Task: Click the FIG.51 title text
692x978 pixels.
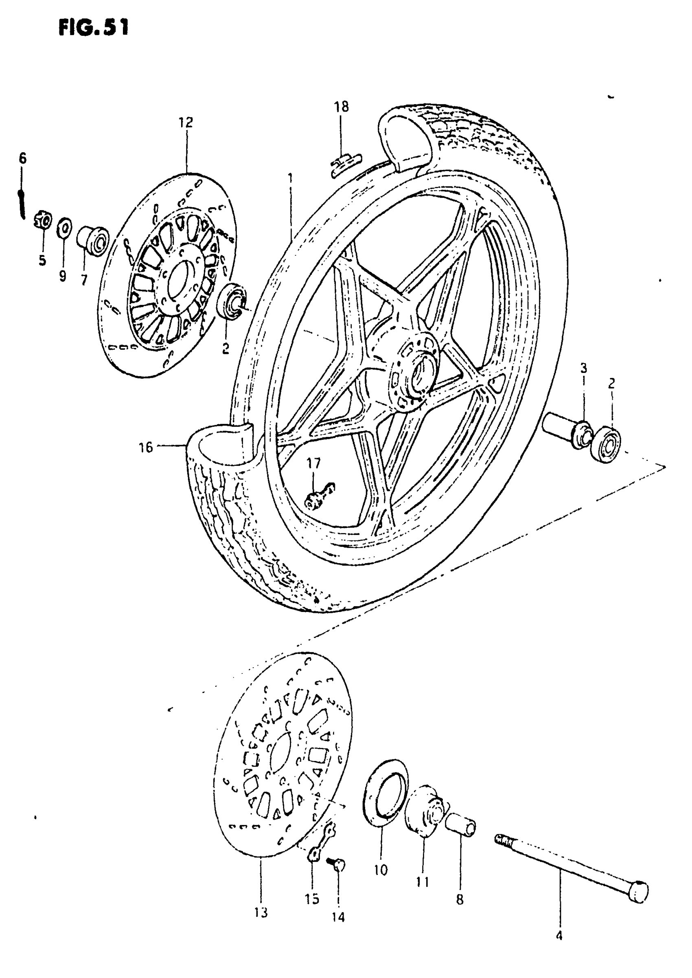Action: (x=93, y=28)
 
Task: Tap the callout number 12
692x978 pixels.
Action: (x=186, y=123)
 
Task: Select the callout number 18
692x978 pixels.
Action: (x=341, y=107)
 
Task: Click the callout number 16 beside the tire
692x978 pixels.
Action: (x=146, y=447)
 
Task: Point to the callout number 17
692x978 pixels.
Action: (x=313, y=463)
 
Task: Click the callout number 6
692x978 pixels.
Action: (x=22, y=158)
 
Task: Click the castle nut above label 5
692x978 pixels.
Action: (x=43, y=221)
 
